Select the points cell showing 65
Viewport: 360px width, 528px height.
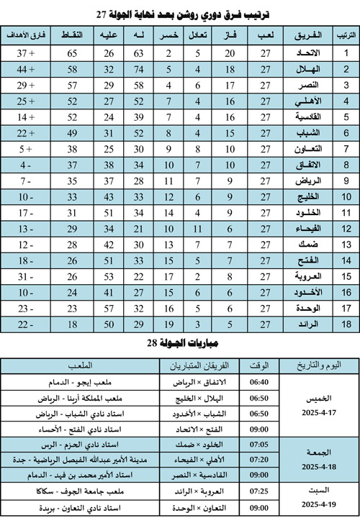[73, 53]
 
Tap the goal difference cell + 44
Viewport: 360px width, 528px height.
[26, 69]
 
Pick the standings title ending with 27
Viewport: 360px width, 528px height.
[181, 14]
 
